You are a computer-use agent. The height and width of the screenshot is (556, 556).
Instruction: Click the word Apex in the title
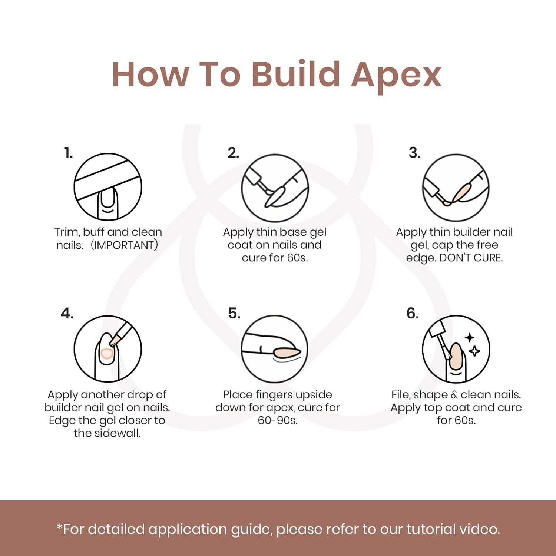(x=396, y=76)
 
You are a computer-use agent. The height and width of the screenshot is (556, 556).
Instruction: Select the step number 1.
(x=69, y=153)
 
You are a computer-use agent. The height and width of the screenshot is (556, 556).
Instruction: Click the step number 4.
(x=67, y=314)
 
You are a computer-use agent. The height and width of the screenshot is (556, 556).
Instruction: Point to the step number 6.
(x=413, y=314)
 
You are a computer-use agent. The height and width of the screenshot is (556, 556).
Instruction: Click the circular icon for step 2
(x=275, y=188)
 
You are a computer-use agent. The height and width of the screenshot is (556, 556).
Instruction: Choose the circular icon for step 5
(x=275, y=349)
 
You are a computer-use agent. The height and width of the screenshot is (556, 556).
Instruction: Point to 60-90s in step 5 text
(x=278, y=420)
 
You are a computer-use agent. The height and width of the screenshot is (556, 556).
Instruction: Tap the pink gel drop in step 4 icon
(x=106, y=354)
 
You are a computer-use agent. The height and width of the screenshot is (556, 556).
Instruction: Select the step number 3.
(x=415, y=153)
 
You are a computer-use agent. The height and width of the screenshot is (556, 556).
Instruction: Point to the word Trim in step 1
(x=67, y=232)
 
